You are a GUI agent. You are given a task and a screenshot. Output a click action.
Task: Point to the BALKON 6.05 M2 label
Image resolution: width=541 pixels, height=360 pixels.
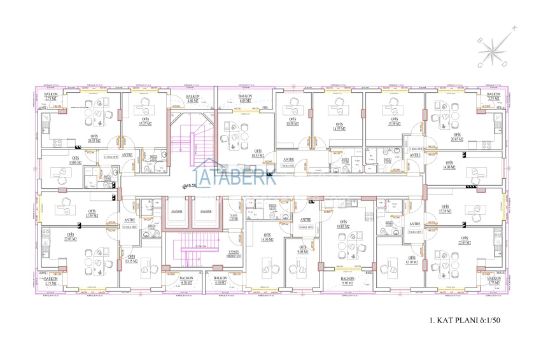246,99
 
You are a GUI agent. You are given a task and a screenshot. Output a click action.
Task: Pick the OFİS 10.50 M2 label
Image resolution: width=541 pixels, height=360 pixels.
293,121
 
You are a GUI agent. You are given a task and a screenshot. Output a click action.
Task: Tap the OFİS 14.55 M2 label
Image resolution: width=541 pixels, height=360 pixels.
338,127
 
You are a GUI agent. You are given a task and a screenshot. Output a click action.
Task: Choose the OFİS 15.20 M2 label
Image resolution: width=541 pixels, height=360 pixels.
445,209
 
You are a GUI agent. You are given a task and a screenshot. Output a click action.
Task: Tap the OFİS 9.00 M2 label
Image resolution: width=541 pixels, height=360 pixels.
303,249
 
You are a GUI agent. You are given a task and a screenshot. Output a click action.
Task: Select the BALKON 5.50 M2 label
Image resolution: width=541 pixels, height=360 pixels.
348,280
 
